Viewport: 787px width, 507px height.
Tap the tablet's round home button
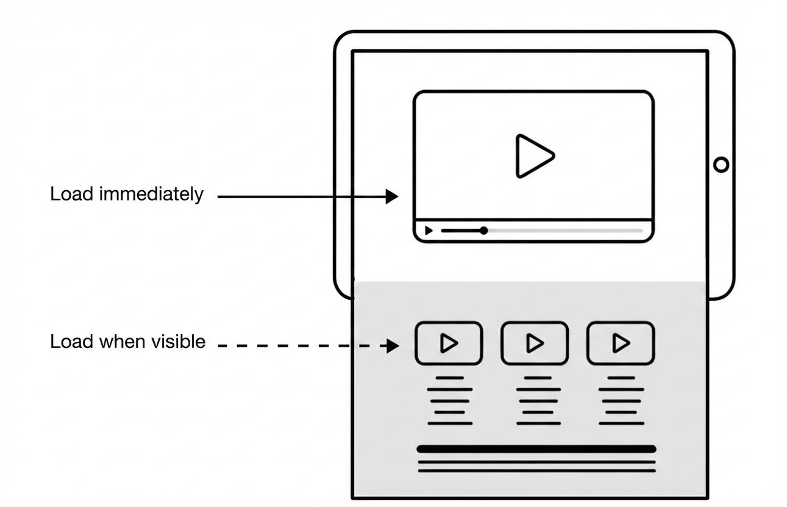tap(721, 165)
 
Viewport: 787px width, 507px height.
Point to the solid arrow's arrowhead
tap(392, 196)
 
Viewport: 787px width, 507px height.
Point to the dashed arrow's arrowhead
tap(392, 346)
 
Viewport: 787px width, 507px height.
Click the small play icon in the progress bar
tap(429, 231)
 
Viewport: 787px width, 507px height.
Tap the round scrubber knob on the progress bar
tap(483, 230)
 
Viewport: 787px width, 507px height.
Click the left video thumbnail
tap(449, 344)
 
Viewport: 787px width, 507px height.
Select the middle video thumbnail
tap(535, 344)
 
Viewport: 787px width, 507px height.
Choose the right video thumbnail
tap(621, 344)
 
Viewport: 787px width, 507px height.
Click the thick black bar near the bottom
tap(536, 449)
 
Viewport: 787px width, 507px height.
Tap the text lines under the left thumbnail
tap(449, 400)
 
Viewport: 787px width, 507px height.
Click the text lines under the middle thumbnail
tap(535, 400)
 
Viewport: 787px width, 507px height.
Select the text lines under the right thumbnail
tap(621, 400)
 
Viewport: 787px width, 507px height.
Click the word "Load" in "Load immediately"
tap(71, 194)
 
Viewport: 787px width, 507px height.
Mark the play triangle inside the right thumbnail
tap(621, 344)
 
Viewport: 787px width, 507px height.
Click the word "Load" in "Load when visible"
tap(71, 342)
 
